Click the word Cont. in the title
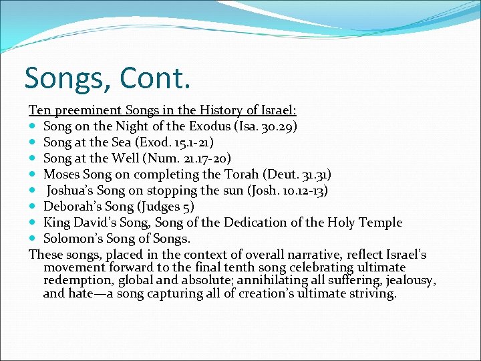tap(156, 78)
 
